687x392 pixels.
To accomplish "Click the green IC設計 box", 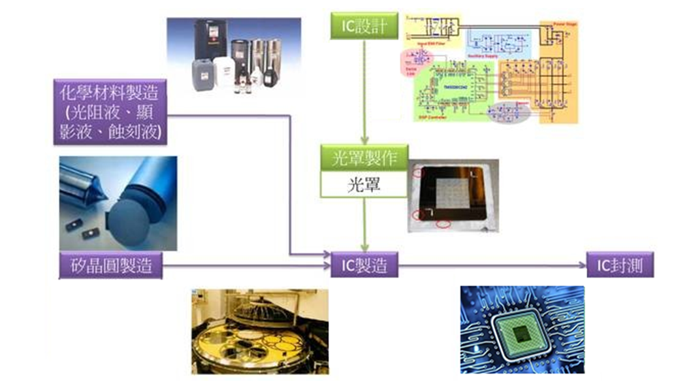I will [x=363, y=27].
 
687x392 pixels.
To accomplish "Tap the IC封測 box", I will [x=619, y=265].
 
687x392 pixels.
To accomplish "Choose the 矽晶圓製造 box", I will [x=110, y=265].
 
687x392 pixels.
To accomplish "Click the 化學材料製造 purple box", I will [x=110, y=112].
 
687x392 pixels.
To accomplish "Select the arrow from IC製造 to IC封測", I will [x=490, y=265].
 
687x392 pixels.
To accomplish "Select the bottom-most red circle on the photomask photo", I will [x=443, y=224].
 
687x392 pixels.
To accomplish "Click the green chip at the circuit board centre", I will [x=521, y=333].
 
